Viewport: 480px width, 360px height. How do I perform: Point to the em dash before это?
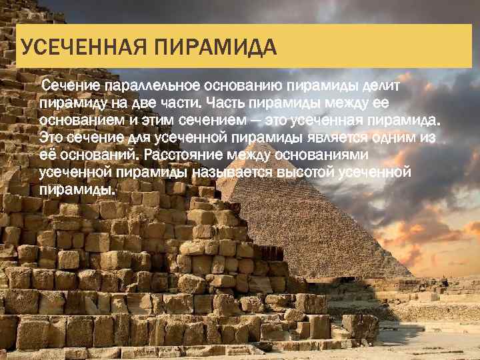(x=253, y=121)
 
